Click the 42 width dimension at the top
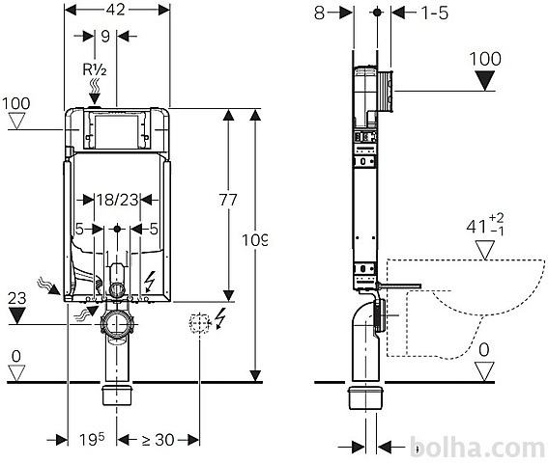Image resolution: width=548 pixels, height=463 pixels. pos(116,10)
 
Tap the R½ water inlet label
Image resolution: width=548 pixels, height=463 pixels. pos(95,69)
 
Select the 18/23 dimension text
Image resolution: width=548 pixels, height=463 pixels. pos(118,200)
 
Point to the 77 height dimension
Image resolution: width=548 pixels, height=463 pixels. pos(228,200)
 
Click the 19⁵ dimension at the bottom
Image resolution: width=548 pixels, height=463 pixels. pos(92,439)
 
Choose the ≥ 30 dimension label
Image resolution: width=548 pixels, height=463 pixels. pos(158,440)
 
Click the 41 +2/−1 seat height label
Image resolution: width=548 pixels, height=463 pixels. pos(485,226)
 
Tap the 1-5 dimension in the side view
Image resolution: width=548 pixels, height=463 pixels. pos(434,13)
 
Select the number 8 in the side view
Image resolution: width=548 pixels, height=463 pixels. pos(320,13)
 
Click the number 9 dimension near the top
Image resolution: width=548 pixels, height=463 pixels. pos(105,36)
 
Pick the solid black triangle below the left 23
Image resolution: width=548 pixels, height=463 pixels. pos(16,315)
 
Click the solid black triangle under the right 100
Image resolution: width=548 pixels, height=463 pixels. pos(486,80)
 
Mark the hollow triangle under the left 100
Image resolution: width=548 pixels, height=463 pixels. pos(16,122)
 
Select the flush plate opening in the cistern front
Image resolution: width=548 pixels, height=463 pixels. pos(117,129)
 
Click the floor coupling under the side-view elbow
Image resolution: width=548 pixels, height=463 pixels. pos(365,397)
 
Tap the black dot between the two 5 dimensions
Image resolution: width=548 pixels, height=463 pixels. pos(117,229)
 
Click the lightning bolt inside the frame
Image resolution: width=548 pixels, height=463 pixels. pos(150,282)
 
